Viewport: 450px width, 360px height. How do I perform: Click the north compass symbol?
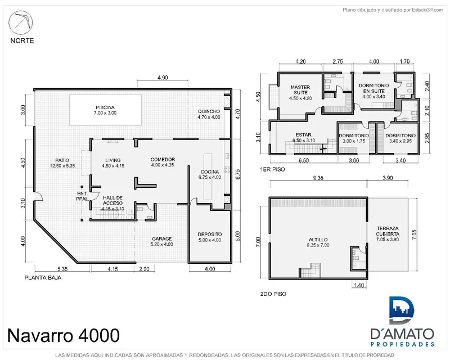coord(21,22)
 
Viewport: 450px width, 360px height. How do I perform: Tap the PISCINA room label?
coord(105,107)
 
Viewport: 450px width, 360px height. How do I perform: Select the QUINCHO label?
coord(209,111)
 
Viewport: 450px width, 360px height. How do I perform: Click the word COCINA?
coord(210,172)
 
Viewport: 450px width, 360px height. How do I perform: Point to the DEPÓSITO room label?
coord(210,235)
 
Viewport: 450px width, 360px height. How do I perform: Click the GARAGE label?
coord(162,239)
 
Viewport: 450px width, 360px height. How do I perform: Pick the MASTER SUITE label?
coord(300,90)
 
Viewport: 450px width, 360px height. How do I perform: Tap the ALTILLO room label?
coord(318,240)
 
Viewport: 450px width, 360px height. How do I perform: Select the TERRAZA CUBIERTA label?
coord(388,231)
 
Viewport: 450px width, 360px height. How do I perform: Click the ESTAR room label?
coord(303,135)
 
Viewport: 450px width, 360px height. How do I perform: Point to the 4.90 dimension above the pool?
coord(163,78)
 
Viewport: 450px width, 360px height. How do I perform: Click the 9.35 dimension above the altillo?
coord(318,178)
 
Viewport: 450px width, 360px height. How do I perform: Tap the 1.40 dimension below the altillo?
coord(359,285)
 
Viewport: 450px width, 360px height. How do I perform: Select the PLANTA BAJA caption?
coord(43,278)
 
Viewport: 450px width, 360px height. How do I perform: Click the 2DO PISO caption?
coord(273,294)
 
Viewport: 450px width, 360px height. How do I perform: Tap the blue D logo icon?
coord(402,311)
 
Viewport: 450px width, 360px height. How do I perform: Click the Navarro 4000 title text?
coord(64,335)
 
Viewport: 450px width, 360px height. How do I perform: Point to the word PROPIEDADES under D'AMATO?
coord(402,344)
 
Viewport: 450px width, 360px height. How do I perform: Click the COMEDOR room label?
coord(163,160)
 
